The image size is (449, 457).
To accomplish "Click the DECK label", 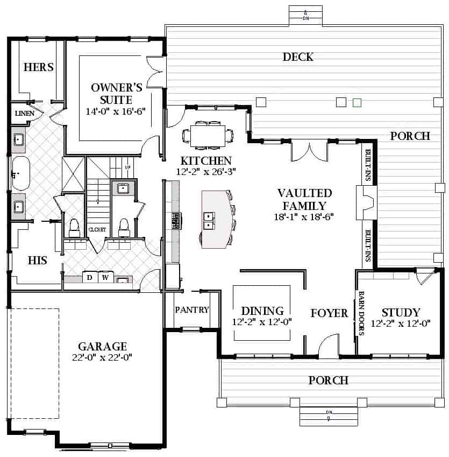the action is coord(298,57).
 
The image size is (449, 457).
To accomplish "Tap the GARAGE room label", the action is coord(102,346).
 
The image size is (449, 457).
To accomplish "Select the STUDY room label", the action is coord(401,312).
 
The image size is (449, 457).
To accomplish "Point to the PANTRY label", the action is coord(192,310).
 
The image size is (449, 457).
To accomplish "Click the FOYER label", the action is coord(329,313).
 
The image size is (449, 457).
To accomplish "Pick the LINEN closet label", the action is coord(25,113).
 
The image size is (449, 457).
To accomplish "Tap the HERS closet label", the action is coord(38,67).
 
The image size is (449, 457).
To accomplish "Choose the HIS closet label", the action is coord(37,261).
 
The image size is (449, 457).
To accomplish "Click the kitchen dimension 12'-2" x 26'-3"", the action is coord(206,172).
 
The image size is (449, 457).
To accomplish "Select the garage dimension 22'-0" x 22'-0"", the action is coord(102,357).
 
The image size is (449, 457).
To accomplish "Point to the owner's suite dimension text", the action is coord(116,111).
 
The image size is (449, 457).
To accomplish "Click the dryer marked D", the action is coord(90,277).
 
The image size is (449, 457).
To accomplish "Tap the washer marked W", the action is coord(105,277).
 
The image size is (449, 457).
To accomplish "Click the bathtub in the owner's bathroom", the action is coord(20,173).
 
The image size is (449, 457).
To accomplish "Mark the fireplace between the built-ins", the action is coord(366,202).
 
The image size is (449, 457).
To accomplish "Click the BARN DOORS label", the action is coord(361,313).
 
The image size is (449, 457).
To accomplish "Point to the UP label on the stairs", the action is coord(128,167).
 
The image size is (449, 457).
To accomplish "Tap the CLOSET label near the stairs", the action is coord(97,230).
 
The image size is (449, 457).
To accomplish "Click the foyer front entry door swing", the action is coord(329,346).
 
